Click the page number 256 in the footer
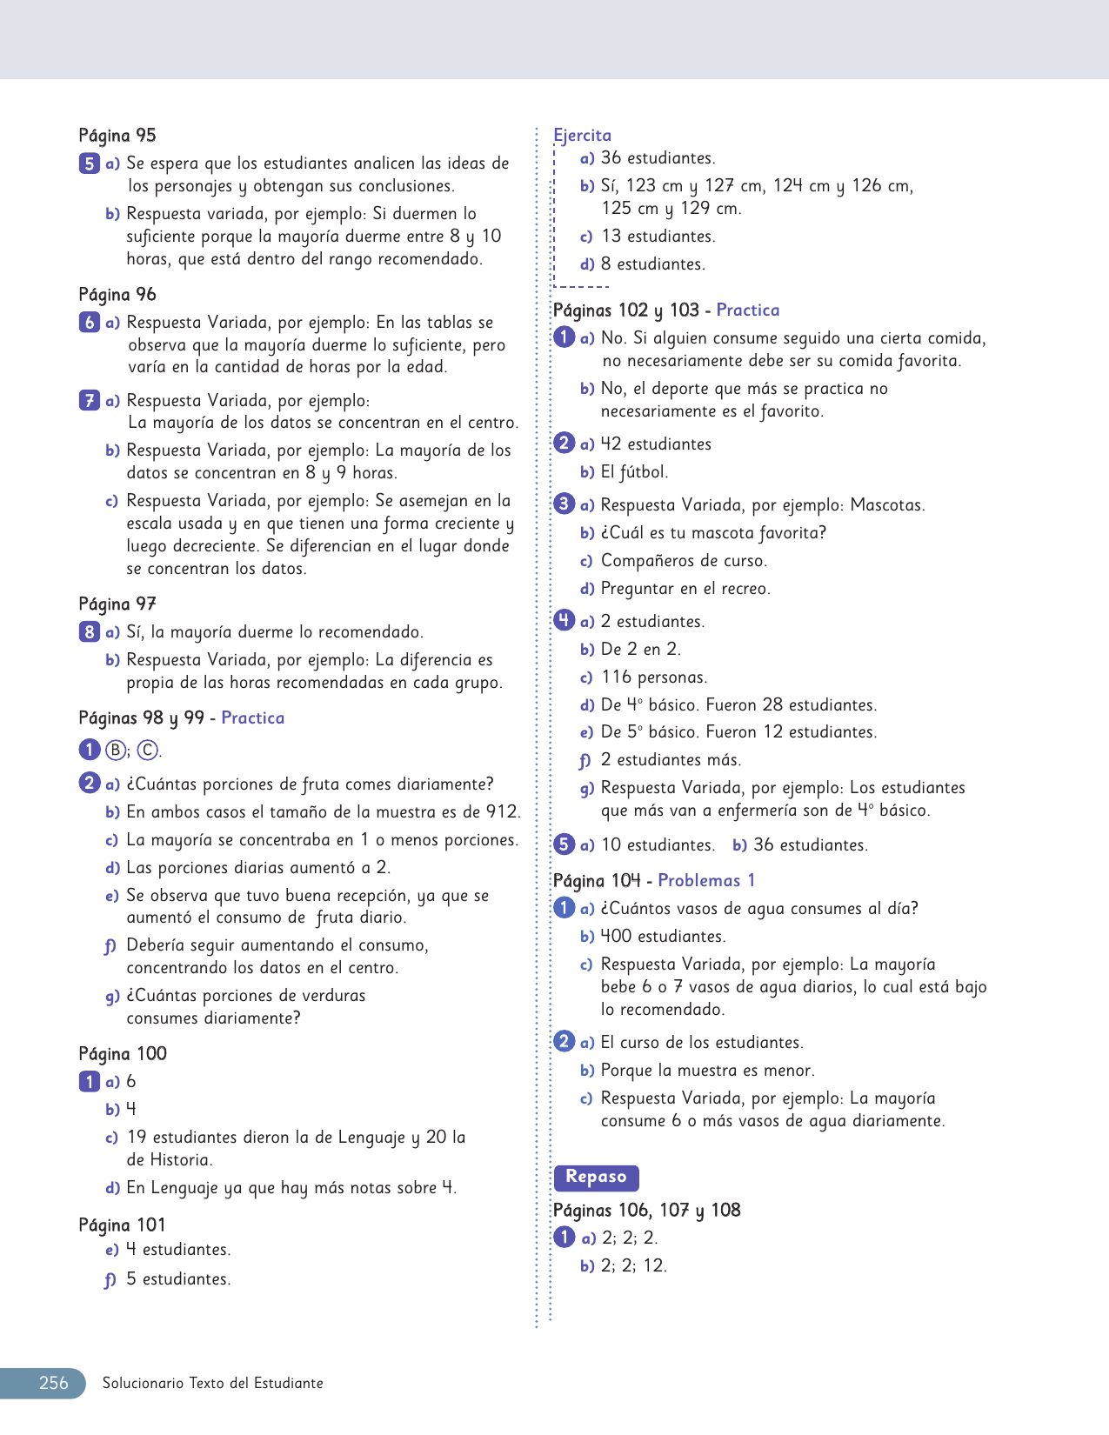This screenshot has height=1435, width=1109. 53,1383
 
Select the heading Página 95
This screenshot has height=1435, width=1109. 117,136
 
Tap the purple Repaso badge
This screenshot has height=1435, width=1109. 596,1177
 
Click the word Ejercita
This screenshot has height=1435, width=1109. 582,135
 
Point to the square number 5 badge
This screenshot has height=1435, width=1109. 89,164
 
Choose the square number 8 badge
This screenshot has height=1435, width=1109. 89,632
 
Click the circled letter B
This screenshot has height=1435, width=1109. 115,751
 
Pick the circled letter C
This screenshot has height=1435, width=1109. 148,751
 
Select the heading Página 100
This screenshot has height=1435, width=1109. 123,1054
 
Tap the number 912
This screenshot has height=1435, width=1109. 502,812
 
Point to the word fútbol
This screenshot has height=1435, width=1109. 645,472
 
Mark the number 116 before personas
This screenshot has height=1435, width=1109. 616,677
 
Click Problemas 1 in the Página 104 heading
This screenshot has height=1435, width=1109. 706,880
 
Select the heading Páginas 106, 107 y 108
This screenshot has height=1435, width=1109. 647,1211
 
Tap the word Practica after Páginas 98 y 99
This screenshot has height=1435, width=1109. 253,718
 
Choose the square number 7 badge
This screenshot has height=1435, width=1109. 89,401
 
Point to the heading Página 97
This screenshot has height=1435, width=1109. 117,604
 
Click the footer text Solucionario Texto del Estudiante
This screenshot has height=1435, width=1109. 212,1384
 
